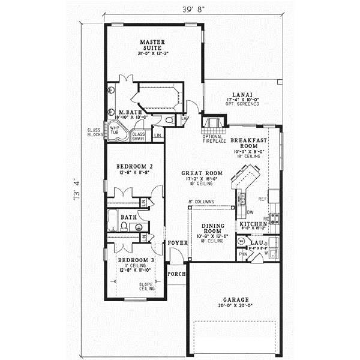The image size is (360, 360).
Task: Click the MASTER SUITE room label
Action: [152, 45]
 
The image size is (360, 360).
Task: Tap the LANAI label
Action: [243, 95]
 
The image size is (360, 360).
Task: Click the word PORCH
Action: [176, 274]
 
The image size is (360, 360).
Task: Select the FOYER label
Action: [176, 242]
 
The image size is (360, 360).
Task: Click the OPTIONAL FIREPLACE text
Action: [214, 139]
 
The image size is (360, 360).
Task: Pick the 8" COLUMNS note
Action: [201, 202]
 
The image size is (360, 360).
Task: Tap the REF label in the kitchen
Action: [262, 197]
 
